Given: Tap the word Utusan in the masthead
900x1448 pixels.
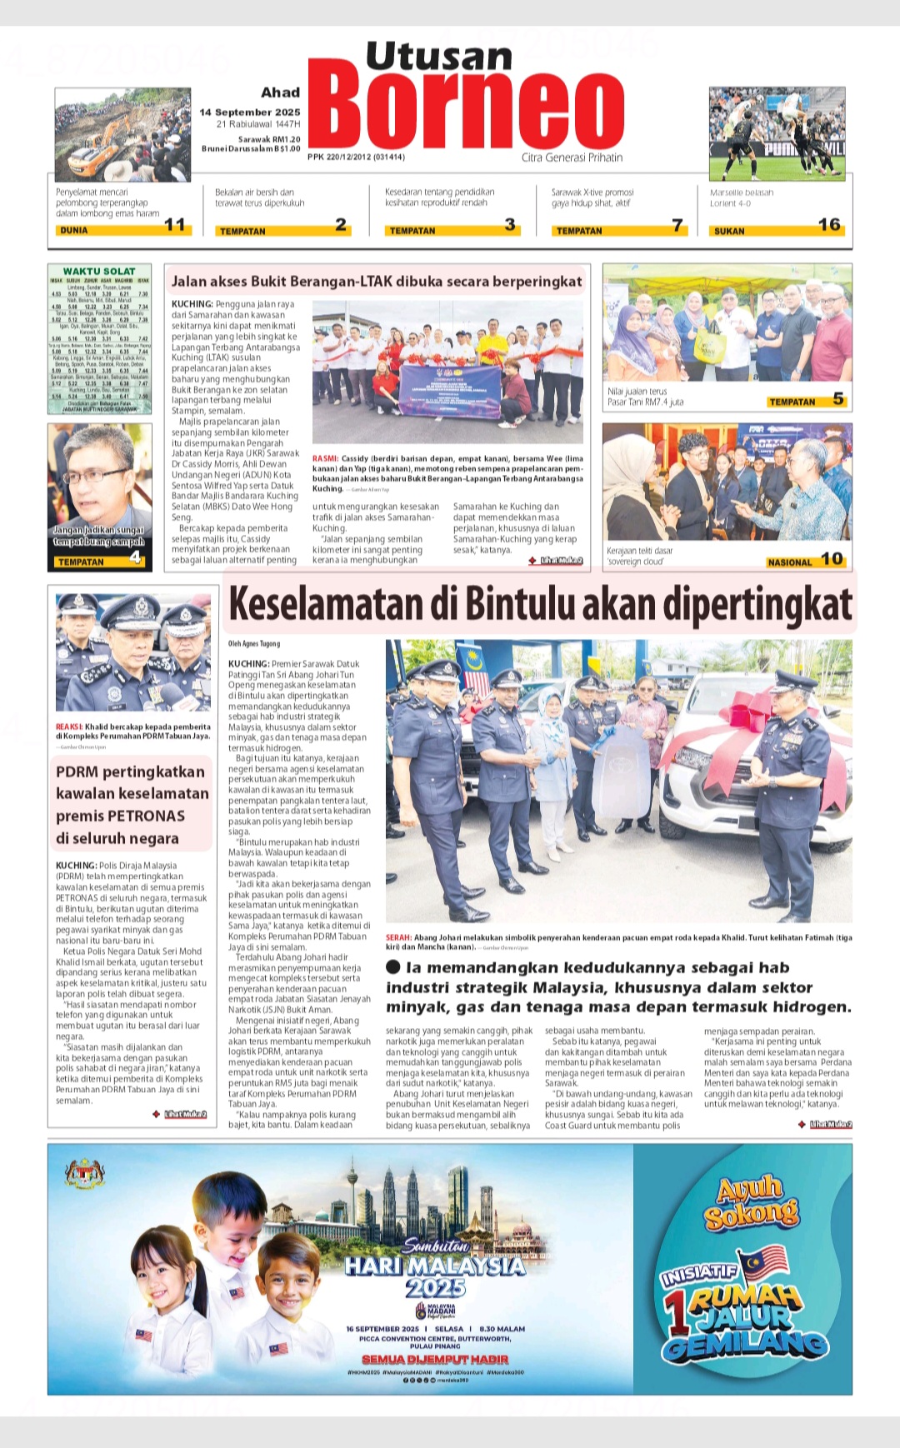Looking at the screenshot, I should pos(439,57).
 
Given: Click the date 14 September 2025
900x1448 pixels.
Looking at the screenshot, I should pos(249,112).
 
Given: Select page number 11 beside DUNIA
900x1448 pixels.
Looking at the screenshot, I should pos(175,225).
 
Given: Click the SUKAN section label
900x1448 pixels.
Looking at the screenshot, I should pos(729,231).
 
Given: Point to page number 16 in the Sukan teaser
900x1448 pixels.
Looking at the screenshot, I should pos(829,225).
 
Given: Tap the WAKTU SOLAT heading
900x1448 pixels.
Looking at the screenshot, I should pos(99,272).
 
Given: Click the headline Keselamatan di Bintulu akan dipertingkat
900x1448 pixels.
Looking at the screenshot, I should pos(540,605).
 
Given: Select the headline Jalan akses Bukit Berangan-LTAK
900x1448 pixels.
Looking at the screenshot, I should pos(377,282).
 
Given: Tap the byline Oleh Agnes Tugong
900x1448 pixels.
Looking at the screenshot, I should pos(254,643).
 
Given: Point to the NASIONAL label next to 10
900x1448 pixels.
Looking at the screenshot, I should pos(789,562).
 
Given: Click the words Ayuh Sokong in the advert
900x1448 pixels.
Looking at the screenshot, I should pos(750,1201).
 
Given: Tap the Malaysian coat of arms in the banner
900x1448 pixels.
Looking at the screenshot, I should pos(85,1175).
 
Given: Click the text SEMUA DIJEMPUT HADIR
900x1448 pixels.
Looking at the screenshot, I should pos(435,1359).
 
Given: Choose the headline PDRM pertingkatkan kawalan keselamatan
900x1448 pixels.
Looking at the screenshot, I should pos(132,805).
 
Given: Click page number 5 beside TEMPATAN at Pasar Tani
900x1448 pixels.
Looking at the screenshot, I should pos(838,400).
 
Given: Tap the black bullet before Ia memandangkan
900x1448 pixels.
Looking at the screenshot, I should pos(393,967).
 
